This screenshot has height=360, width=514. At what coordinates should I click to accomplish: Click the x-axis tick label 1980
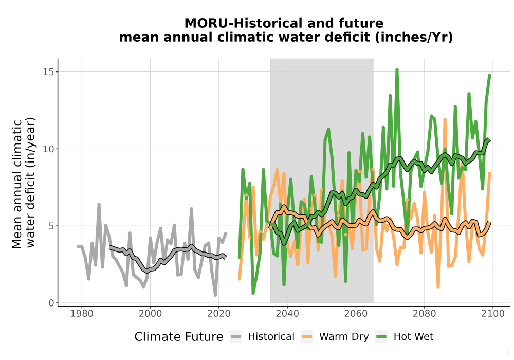pos(82,314)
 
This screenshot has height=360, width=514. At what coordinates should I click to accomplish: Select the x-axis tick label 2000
pos(151,314)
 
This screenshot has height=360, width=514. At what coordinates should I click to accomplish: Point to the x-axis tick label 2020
pos(219,314)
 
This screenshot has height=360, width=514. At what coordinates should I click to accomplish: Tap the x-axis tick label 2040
pos(287,314)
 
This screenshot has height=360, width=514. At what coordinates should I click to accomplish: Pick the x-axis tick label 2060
pos(356,314)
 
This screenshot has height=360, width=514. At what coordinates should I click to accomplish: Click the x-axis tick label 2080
pos(424,314)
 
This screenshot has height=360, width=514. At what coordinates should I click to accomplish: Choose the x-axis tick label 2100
pos(493,314)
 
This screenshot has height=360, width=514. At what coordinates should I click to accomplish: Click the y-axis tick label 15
pos(48,72)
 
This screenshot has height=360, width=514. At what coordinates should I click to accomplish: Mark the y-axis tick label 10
pos(48,149)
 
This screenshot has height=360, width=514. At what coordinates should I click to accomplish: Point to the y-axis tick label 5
pos(51,226)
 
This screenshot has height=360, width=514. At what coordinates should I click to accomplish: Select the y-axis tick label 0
pos(51,303)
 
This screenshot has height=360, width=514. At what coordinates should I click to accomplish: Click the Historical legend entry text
pos(271,337)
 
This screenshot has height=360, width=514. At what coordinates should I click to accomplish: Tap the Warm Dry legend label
pos(344,337)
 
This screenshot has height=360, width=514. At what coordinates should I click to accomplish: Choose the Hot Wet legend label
pos(413,337)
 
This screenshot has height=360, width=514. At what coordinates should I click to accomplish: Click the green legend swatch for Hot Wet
pos(381,337)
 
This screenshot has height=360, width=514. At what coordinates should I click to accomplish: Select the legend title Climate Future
pos(179,337)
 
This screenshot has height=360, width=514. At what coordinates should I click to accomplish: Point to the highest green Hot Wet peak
pos(397,69)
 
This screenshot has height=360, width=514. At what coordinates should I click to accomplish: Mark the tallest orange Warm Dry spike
pos(445,120)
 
